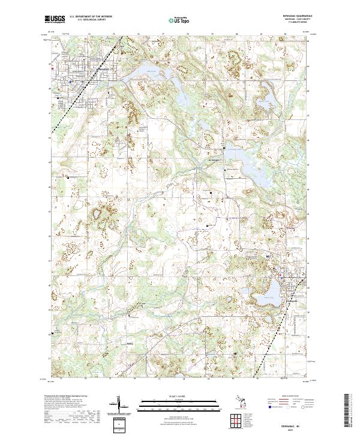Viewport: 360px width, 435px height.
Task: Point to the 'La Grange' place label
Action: [x=214, y=160]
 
